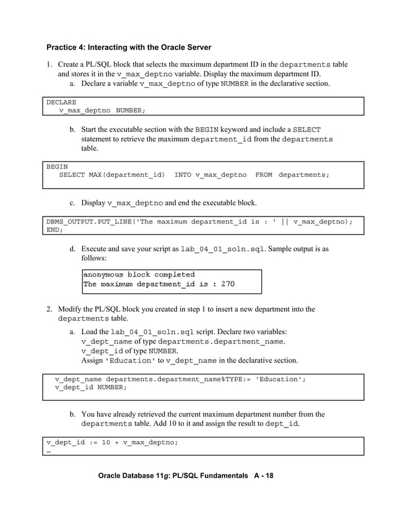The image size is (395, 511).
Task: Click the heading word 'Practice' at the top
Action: [64, 48]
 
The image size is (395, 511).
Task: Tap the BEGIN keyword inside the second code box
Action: [57, 166]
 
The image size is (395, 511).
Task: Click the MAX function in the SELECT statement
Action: [95, 175]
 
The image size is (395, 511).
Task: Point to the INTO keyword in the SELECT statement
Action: [183, 175]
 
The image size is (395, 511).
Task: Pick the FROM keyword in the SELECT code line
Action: [263, 175]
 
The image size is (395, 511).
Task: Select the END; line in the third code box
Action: [55, 230]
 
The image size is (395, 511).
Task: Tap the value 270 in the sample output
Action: [227, 285]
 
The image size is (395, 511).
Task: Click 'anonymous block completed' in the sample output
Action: [139, 274]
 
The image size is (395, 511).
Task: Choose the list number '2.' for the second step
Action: [49, 309]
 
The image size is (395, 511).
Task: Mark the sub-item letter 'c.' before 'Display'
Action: [72, 202]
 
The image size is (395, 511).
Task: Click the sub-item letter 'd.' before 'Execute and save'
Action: [72, 249]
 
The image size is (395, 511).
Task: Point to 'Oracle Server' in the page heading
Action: [184, 48]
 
